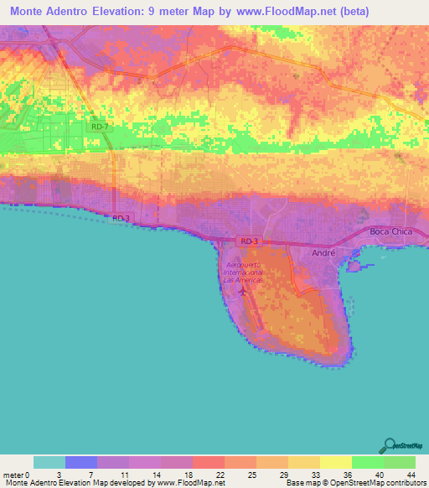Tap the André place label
[x=323, y=252]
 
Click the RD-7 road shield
[x=100, y=127]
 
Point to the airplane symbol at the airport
[x=243, y=292]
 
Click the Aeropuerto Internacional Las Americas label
[x=244, y=272]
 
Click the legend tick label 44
[x=411, y=475]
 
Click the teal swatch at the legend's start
[x=49, y=462]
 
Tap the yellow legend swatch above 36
[x=335, y=462]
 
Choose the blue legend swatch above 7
[x=81, y=462]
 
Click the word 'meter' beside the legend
[x=14, y=475]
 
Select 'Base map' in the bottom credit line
[x=300, y=483]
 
